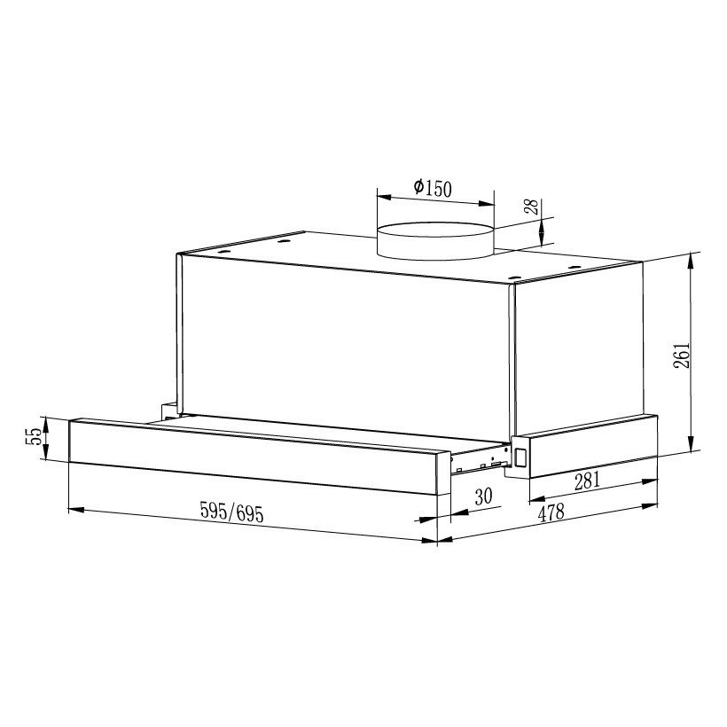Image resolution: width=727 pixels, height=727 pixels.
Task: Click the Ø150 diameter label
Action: pos(433,188)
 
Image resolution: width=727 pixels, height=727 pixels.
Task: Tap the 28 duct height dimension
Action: pos(530,207)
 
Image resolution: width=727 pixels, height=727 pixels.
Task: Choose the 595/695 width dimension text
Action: pos(231,512)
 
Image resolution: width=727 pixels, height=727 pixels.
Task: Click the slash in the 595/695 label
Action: pos(231,512)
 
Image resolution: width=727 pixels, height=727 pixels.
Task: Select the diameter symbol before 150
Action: pos(418,188)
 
